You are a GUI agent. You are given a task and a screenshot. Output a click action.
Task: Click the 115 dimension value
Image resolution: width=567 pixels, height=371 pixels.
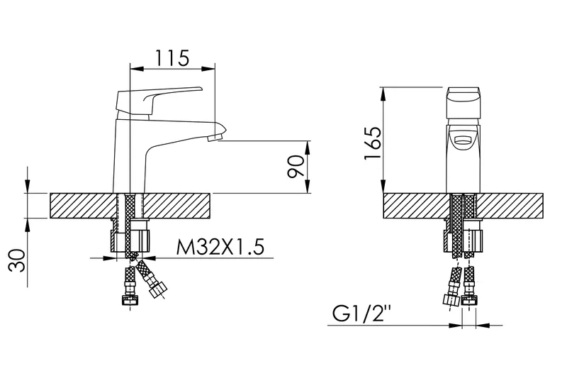pyautogui.click(x=172, y=58)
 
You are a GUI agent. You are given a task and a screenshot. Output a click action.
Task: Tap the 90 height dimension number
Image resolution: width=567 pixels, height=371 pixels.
pyautogui.click(x=296, y=167)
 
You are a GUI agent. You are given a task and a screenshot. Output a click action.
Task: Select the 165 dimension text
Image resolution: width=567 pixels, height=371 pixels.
pyautogui.click(x=374, y=143)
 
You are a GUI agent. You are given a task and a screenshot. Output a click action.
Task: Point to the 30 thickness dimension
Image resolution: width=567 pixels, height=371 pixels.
pyautogui.click(x=17, y=260)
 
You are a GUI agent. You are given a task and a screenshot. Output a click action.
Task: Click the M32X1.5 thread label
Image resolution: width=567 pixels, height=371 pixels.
pyautogui.click(x=220, y=246)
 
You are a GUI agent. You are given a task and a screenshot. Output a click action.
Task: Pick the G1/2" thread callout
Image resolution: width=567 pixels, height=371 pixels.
pyautogui.click(x=362, y=314)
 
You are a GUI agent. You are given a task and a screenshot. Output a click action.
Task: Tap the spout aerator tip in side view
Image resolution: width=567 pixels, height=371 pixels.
pyautogui.click(x=216, y=137)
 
